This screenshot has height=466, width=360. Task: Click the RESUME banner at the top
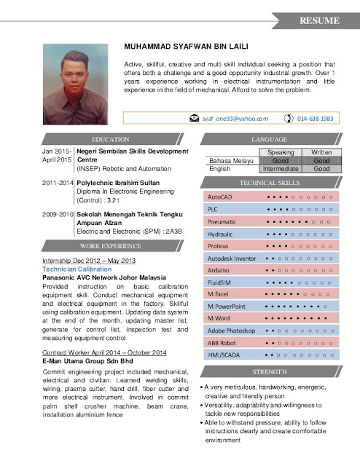tap(318, 19)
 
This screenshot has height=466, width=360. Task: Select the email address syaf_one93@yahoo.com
tap(235, 118)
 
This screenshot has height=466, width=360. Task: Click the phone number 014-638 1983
tap(316, 118)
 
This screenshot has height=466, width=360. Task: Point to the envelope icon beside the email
tap(194, 118)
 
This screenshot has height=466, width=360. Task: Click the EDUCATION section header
tap(111, 138)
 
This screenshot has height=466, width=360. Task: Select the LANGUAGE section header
tap(270, 138)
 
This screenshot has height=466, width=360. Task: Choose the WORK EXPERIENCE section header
tap(111, 246)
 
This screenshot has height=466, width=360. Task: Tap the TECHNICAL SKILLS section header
tap(270, 183)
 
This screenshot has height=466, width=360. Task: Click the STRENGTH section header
tap(270, 371)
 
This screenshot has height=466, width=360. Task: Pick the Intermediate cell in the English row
tap(281, 168)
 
